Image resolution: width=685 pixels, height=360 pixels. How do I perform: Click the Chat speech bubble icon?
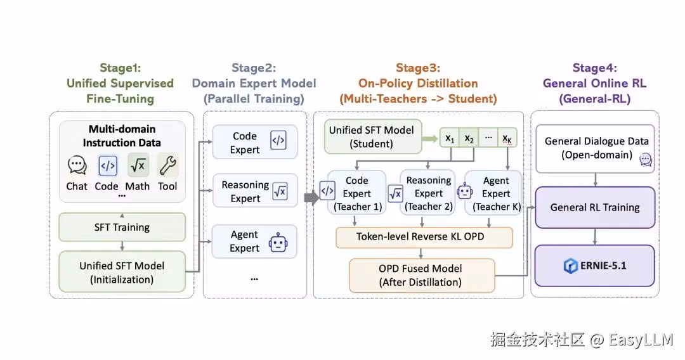pyautogui.click(x=77, y=165)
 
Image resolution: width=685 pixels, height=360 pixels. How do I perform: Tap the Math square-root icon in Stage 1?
pyautogui.click(x=138, y=165)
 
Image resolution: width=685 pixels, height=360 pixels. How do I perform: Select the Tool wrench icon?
pyautogui.click(x=167, y=165)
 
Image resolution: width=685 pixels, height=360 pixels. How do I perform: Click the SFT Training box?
pyautogui.click(x=122, y=227)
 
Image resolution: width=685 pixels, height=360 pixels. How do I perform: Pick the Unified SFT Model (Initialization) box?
pyautogui.click(x=122, y=272)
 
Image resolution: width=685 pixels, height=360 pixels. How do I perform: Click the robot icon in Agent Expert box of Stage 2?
pyautogui.click(x=278, y=243)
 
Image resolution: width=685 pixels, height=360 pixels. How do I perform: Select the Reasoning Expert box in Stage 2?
pyautogui.click(x=255, y=191)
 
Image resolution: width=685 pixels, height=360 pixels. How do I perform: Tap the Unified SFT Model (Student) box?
pyautogui.click(x=373, y=136)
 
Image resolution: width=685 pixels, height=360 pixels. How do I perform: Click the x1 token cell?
pyautogui.click(x=450, y=139)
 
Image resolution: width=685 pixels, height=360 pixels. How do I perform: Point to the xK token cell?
pyautogui.click(x=507, y=139)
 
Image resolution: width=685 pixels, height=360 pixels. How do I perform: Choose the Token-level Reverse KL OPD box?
pyautogui.click(x=424, y=237)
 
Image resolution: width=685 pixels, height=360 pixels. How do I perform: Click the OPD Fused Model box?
pyautogui.click(x=422, y=275)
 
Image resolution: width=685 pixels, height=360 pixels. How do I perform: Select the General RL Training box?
pyautogui.click(x=594, y=207)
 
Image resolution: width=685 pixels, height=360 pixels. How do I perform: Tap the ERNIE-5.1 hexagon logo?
pyautogui.click(x=571, y=266)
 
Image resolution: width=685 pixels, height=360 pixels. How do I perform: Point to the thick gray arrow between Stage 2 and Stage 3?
pyautogui.click(x=311, y=197)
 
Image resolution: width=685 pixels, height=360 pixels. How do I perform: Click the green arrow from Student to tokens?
pyautogui.click(x=430, y=139)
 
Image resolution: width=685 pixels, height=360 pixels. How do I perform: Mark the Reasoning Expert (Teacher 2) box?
pyautogui.click(x=428, y=193)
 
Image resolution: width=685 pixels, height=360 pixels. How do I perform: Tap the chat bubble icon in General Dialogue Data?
pyautogui.click(x=646, y=159)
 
